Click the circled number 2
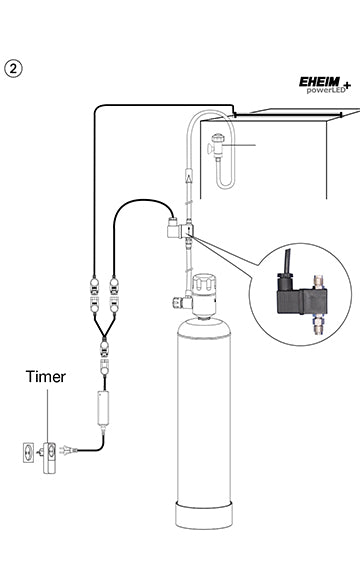[14, 68]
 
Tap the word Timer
[46, 377]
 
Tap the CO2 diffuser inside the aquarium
[217, 149]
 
